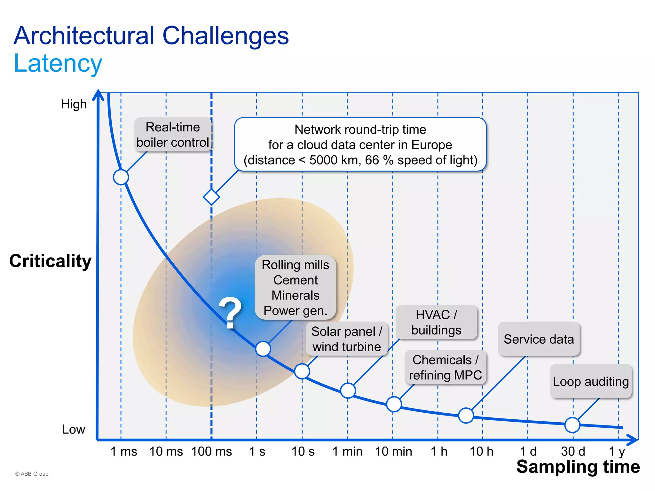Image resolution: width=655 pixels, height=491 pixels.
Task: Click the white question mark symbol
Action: pyautogui.click(x=230, y=312)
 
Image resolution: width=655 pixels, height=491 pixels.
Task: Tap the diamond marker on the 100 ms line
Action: pyautogui.click(x=211, y=197)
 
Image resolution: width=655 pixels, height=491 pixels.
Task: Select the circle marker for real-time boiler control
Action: pyautogui.click(x=121, y=177)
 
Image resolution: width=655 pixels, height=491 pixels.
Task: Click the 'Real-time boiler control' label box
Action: pyautogui.click(x=173, y=135)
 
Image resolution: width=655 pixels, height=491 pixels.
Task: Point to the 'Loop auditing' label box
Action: pyautogui.click(x=591, y=381)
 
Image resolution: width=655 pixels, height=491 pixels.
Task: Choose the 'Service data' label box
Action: pyautogui.click(x=539, y=339)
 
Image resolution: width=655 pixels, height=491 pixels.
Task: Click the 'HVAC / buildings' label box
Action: pyautogui.click(x=436, y=322)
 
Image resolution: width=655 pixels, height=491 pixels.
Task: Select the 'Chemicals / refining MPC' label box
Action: pyautogui.click(x=445, y=367)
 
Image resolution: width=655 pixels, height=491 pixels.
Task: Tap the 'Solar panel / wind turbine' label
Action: pyautogui.click(x=347, y=339)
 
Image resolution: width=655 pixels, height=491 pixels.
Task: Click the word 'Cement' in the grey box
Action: pyautogui.click(x=296, y=280)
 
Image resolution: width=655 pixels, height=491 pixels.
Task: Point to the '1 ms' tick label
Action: pyautogui.click(x=123, y=451)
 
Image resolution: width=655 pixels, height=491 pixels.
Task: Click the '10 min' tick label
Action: pyautogui.click(x=393, y=451)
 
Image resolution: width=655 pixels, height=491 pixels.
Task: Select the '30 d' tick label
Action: pyautogui.click(x=573, y=451)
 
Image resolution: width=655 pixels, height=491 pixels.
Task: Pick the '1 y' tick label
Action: pyautogui.click(x=617, y=451)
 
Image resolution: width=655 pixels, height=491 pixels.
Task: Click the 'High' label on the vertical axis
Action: pyautogui.click(x=74, y=104)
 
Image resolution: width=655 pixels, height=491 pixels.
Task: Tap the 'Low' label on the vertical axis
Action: pyautogui.click(x=74, y=429)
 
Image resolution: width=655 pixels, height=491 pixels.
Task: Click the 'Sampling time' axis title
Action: pyautogui.click(x=578, y=467)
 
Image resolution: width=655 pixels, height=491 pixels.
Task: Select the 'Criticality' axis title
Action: pyautogui.click(x=51, y=261)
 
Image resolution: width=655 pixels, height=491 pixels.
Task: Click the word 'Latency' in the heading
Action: pyautogui.click(x=58, y=63)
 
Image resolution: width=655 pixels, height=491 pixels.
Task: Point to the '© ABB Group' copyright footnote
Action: pyautogui.click(x=32, y=474)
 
